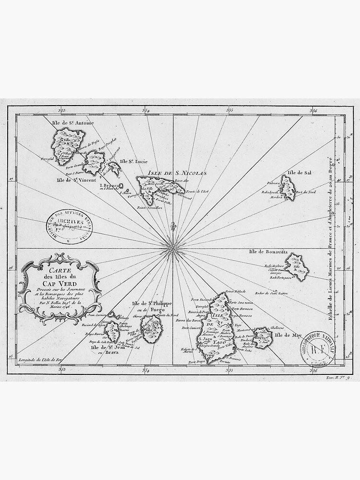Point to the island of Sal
(288, 188)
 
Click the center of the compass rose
(172, 248)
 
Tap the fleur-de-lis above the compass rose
(173, 225)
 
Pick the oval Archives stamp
(69, 226)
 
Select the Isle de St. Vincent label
(76, 180)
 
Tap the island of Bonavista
(297, 267)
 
